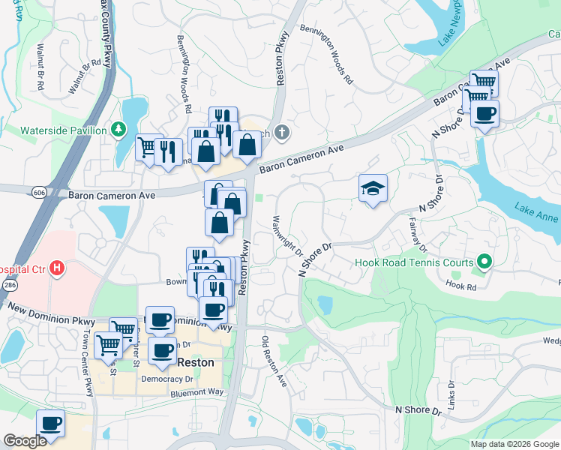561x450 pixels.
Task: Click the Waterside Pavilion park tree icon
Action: pos(118,130)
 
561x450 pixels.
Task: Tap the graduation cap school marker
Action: pos(373,189)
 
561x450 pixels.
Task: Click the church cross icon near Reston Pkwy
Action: pos(281,133)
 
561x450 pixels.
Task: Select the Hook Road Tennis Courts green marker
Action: pos(484,262)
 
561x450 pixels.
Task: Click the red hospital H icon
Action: pos(56,268)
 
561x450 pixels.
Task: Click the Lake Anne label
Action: pos(536,213)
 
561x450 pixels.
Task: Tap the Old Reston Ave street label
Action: pos(274,361)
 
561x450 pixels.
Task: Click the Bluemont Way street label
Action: pos(197,392)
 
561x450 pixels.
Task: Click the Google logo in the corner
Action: pos(25,441)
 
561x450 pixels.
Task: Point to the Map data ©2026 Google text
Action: pos(514,444)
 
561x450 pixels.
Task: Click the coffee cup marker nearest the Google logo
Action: pos(50,424)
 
